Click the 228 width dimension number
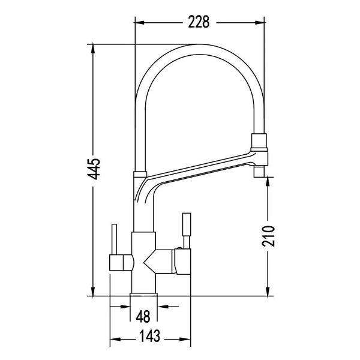coord(199,22)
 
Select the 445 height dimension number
coord(94,169)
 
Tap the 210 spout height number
coord(268,236)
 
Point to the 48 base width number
coord(143,316)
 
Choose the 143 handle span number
coord(149,336)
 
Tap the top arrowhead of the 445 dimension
coord(93,49)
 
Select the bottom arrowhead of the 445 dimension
coord(93,292)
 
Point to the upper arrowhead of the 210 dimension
coord(268,182)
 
